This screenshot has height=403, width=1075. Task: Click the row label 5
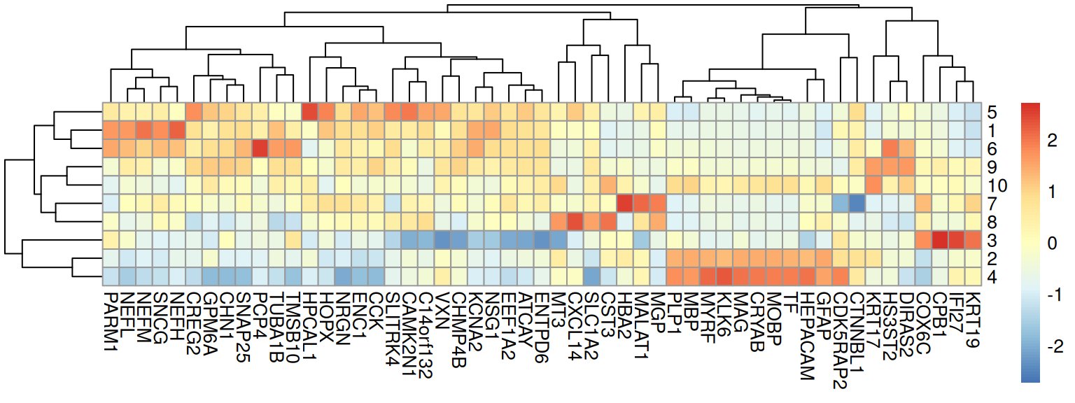click(x=993, y=112)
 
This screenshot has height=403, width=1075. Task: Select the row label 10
click(x=997, y=185)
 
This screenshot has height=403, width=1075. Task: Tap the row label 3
click(x=993, y=241)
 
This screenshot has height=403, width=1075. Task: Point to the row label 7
click(x=993, y=204)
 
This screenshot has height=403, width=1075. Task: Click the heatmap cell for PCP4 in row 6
click(x=260, y=148)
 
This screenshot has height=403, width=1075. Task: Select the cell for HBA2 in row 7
click(x=625, y=204)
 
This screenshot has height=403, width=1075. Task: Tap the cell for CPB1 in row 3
click(x=940, y=240)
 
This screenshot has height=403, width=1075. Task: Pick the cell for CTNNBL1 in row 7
click(x=857, y=204)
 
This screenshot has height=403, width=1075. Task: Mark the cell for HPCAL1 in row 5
click(x=310, y=112)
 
